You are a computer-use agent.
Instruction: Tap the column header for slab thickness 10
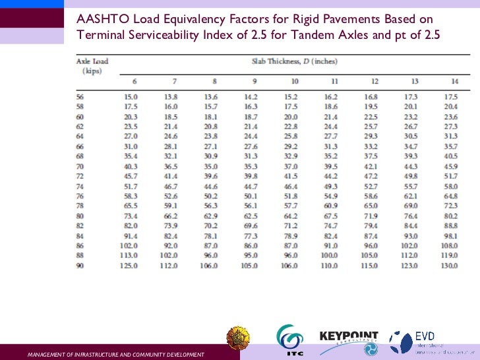coord(295,81)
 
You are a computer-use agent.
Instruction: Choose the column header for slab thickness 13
coord(414,81)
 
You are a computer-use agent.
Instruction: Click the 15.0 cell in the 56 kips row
coord(131,97)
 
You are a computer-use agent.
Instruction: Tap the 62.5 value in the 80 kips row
coord(251,216)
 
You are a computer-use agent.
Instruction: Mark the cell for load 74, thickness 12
coord(371,188)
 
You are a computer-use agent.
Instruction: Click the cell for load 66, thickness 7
coord(171,146)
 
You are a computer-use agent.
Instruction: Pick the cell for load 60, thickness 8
coord(211,117)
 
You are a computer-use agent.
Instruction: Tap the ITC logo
coord(289,340)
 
